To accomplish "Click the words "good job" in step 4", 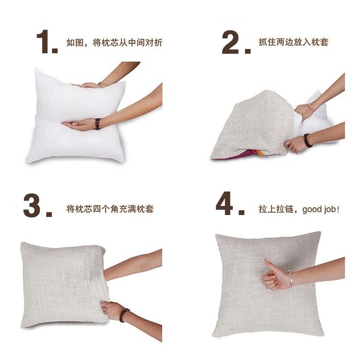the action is click(319, 210).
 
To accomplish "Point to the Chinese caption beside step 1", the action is click(114, 42).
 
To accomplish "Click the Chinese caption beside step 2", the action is click(293, 42).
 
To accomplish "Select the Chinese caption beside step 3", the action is click(110, 209).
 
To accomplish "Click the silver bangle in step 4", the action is click(291, 278).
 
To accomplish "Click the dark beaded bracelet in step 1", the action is click(97, 124).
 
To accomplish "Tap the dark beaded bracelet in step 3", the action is click(124, 315).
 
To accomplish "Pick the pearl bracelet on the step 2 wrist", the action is click(311, 107).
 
